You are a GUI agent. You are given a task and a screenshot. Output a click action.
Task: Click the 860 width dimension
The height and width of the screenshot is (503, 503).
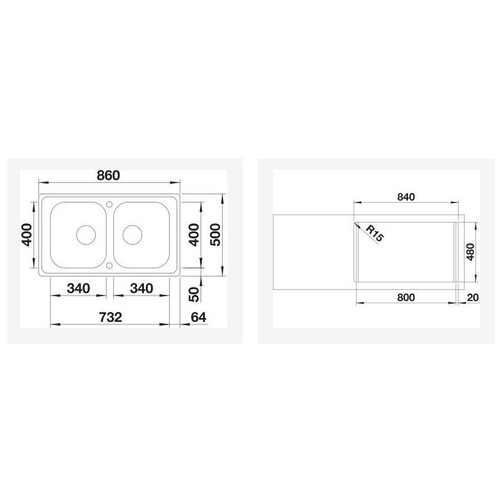(109, 175)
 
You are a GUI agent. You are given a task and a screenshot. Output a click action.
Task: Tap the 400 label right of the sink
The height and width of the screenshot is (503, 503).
(194, 235)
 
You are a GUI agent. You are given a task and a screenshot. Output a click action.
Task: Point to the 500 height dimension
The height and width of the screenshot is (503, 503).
(215, 235)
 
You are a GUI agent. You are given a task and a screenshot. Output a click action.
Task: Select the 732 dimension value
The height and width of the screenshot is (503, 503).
(110, 318)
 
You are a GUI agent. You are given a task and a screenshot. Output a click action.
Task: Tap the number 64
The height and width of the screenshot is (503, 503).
(198, 318)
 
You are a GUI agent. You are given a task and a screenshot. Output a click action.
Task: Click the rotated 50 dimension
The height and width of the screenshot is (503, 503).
(194, 292)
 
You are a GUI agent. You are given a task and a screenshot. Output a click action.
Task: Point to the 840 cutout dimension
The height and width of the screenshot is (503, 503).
(407, 197)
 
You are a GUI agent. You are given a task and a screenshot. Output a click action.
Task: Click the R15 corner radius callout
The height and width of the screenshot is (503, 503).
(373, 235)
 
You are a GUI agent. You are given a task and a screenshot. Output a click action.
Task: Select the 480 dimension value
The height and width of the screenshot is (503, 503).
(470, 251)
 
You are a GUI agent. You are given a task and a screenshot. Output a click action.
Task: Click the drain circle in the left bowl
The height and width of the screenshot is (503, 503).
(85, 235)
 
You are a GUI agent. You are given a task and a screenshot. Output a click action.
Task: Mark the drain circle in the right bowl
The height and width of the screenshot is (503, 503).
(133, 235)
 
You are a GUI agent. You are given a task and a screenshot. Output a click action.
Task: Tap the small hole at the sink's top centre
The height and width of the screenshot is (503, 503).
(109, 204)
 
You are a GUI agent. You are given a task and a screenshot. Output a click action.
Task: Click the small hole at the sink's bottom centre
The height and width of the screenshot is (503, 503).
(109, 266)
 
